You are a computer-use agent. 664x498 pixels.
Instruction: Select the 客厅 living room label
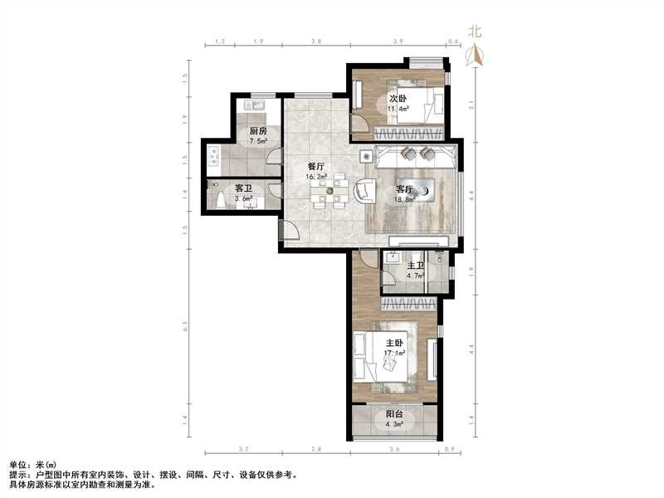pos(404,188)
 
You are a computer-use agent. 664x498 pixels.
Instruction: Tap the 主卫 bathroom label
pos(415,266)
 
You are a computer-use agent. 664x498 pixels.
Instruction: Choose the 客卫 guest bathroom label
pos(243,189)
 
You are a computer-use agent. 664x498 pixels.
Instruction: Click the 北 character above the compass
pos(475,32)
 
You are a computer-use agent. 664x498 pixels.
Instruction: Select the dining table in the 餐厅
pos(330,193)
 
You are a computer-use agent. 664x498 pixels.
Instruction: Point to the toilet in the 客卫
pos(220,200)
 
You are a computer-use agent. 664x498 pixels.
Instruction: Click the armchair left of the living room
pos(364,191)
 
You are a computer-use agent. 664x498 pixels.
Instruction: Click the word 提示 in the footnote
pos(18,474)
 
